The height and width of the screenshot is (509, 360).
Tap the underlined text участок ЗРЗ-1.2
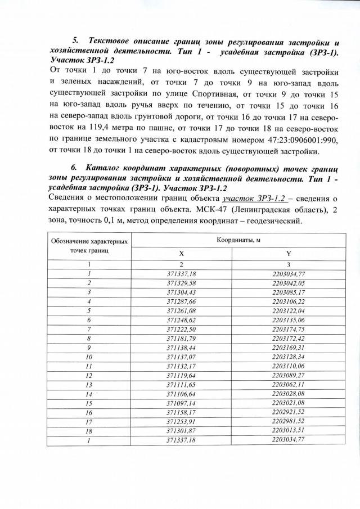click(255, 199)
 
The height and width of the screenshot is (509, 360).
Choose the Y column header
click(288, 254)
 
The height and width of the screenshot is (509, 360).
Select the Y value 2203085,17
click(288, 292)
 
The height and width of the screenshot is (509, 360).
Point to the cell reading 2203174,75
click(288, 330)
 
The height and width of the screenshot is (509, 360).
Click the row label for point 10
click(89, 357)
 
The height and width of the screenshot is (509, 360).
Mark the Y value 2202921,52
click(288, 412)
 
